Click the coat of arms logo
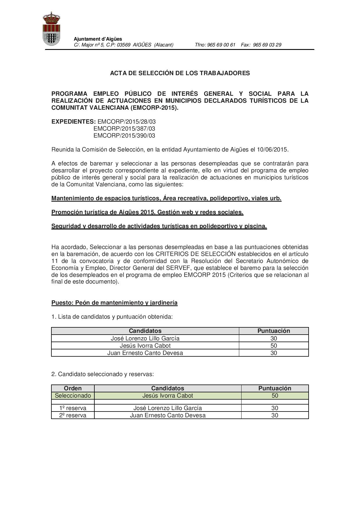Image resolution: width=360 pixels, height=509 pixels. point(51,29)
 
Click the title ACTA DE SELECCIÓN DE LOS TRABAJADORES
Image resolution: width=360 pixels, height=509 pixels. point(180,73)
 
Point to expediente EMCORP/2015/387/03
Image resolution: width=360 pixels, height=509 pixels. point(124,129)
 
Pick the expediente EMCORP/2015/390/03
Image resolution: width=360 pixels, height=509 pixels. point(124,136)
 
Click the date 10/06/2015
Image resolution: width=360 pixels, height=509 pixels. point(273,149)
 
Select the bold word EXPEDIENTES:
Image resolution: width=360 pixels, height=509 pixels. point(73,122)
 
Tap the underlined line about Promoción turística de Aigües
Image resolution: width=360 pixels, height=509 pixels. point(147,212)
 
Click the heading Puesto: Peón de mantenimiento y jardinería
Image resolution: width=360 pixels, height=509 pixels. point(114,303)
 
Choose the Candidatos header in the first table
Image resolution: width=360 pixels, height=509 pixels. point(145,331)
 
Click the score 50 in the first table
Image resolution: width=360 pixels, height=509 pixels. point(273,346)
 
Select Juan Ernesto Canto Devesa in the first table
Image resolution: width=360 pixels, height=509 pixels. point(145,353)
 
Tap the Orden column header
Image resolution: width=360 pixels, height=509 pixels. point(73,388)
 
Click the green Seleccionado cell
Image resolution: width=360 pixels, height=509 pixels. point(73,396)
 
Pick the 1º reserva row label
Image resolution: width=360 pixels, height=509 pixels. point(73,408)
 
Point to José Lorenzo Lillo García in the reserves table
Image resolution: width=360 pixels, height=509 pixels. point(168,408)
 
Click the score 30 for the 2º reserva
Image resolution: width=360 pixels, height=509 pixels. point(275,415)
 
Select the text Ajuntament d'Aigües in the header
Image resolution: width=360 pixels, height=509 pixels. point(98,39)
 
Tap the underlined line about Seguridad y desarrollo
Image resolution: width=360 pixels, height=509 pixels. point(159,226)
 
